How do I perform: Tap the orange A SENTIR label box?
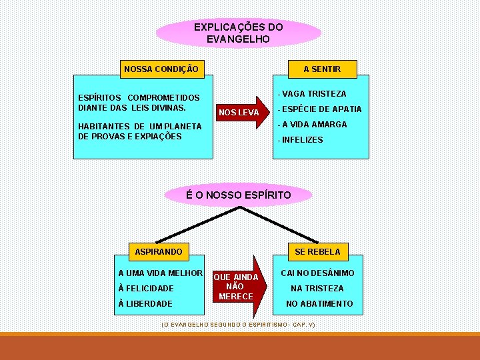(x=321, y=69)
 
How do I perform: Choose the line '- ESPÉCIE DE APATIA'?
(x=320, y=109)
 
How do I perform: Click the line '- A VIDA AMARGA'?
(x=313, y=125)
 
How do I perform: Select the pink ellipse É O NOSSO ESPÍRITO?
(x=238, y=195)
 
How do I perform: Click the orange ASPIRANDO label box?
(x=159, y=252)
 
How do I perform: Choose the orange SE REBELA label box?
(x=317, y=252)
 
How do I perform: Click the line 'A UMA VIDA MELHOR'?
(x=160, y=273)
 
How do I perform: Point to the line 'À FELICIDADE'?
(x=145, y=289)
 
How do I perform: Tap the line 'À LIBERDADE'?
(x=145, y=304)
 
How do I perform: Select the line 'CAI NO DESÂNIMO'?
(x=317, y=273)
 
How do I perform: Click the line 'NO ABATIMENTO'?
(x=319, y=304)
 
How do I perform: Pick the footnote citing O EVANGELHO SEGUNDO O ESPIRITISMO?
(x=238, y=324)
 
